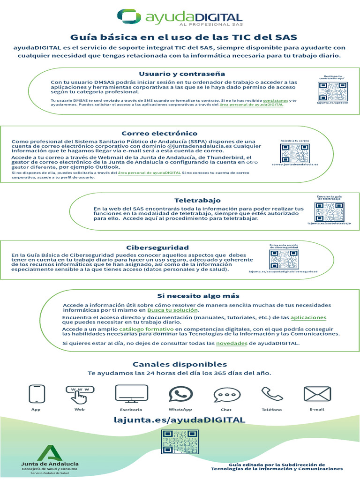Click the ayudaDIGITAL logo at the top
point(180,17)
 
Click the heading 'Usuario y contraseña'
point(175,74)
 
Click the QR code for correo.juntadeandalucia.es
point(295,153)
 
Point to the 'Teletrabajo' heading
point(191,200)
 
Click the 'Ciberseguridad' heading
point(157,247)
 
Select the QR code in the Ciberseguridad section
point(283,259)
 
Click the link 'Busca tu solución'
point(173,310)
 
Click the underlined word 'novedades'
point(232,343)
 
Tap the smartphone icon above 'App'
point(36,394)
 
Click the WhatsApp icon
point(180,394)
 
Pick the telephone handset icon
point(271,394)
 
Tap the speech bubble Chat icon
point(226,395)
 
